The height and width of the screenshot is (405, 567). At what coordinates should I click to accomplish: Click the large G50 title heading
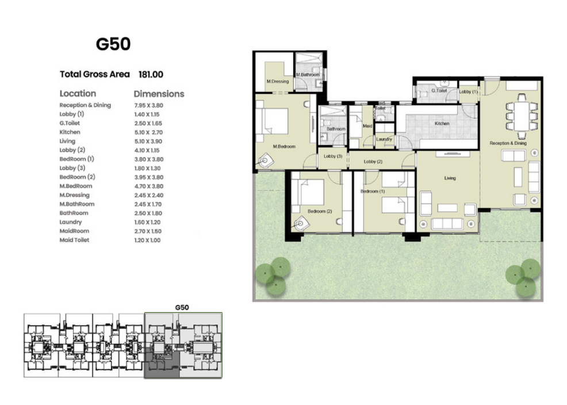[113, 44]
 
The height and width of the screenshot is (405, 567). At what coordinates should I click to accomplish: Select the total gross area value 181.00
[151, 74]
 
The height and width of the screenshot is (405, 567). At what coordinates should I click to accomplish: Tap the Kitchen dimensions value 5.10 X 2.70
[148, 132]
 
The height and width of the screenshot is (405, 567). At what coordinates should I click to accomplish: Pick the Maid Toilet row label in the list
[74, 240]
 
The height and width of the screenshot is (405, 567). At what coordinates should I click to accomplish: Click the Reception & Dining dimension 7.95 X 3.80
[148, 106]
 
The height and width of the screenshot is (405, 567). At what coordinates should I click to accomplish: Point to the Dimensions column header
[159, 94]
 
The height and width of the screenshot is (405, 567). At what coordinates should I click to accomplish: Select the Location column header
[78, 94]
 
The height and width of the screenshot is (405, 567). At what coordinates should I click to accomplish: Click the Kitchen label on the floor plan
[442, 124]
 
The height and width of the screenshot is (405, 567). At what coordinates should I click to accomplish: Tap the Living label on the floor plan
[450, 178]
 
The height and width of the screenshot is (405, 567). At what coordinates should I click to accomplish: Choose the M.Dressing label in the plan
[278, 81]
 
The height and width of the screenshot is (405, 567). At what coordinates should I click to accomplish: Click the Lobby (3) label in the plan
[333, 156]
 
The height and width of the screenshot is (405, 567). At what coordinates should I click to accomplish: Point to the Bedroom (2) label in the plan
[320, 211]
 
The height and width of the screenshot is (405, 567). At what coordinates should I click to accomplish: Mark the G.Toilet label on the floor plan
[439, 91]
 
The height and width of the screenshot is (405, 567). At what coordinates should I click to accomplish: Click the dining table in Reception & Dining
[522, 116]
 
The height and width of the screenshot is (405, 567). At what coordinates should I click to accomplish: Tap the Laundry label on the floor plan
[384, 139]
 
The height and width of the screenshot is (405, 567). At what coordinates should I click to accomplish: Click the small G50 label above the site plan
[182, 307]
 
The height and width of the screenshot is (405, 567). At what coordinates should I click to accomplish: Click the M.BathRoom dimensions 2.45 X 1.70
[148, 204]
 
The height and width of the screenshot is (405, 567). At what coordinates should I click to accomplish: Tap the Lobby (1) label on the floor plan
[468, 92]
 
